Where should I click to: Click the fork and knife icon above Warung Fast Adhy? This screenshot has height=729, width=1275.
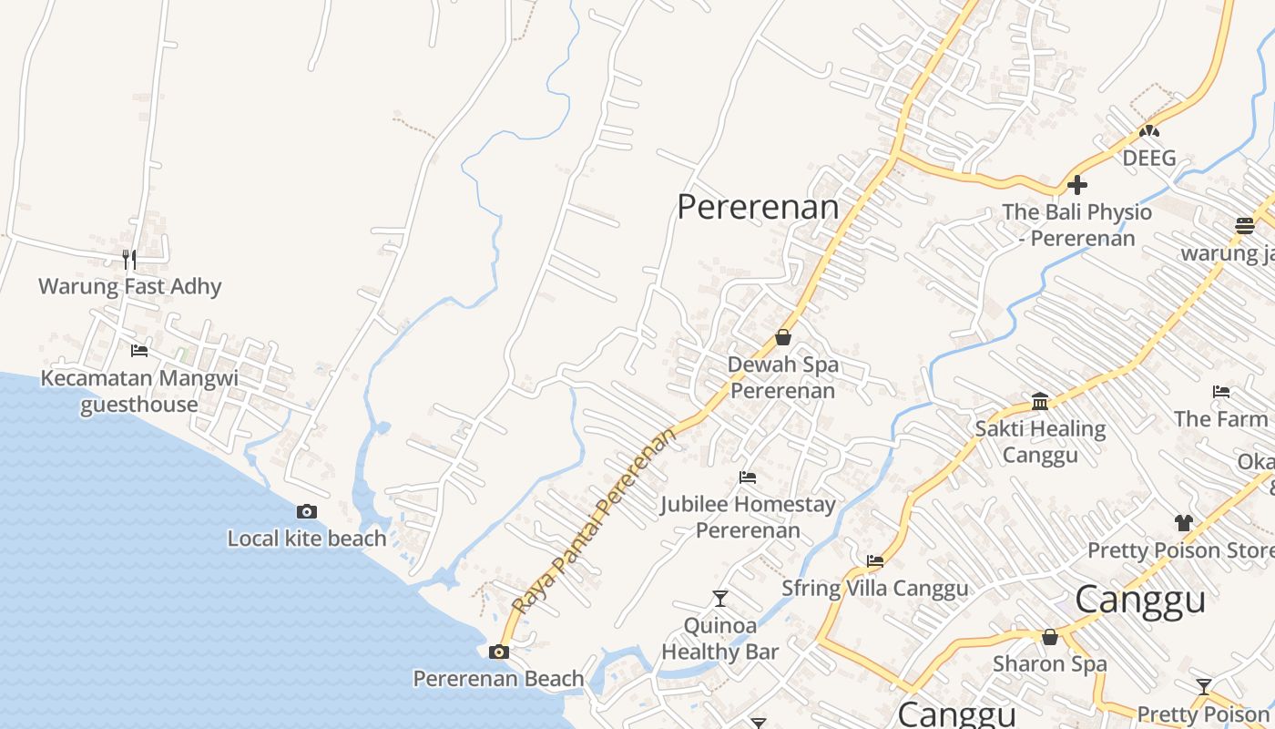[129, 260]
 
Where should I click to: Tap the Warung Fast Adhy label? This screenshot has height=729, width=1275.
[130, 286]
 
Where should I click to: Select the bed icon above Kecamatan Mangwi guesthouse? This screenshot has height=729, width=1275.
[139, 350]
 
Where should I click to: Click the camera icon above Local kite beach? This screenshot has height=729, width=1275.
[307, 511]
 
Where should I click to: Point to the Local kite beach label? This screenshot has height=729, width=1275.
[307, 539]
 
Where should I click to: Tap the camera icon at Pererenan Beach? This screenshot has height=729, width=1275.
[498, 652]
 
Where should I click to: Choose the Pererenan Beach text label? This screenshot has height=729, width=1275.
[498, 679]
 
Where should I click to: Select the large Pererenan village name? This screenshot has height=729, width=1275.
[758, 207]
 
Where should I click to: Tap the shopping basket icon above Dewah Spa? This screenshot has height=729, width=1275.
[782, 337]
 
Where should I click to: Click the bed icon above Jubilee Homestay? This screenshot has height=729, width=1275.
[748, 477]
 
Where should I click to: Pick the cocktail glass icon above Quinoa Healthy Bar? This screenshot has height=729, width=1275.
[720, 599]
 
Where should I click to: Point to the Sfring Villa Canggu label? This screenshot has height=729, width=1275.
[875, 588]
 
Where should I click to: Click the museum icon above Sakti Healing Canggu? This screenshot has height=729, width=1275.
[1040, 401]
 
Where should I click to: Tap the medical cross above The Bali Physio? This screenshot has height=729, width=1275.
[1077, 185]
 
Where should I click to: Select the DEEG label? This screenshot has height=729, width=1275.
[1149, 158]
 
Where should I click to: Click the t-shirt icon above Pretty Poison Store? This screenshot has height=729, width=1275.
[1183, 523]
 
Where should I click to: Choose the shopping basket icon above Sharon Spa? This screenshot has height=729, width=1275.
[1050, 637]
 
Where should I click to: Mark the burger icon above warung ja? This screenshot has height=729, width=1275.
[1244, 225]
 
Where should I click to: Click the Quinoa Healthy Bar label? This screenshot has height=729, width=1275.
[720, 639]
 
